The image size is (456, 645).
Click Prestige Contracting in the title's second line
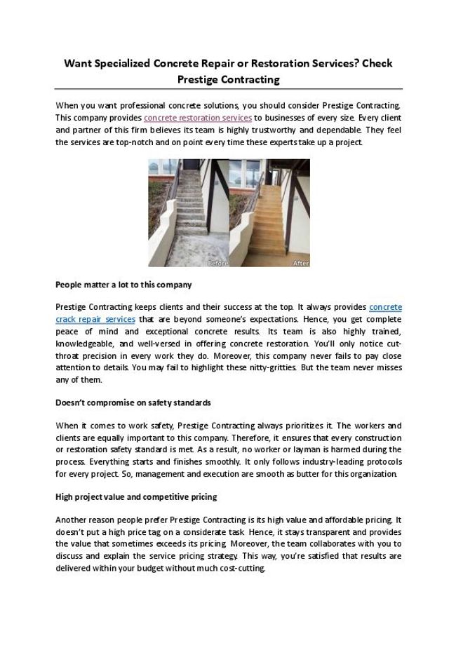[x=228, y=79]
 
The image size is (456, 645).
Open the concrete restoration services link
[x=198, y=118]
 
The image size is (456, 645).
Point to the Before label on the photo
[x=217, y=263]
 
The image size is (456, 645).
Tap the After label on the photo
[x=300, y=263]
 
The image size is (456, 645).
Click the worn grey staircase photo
[x=187, y=212]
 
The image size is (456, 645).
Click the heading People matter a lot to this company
[x=123, y=285]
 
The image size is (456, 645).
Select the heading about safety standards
[x=133, y=403]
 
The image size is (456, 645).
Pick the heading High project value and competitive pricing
[x=136, y=497]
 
